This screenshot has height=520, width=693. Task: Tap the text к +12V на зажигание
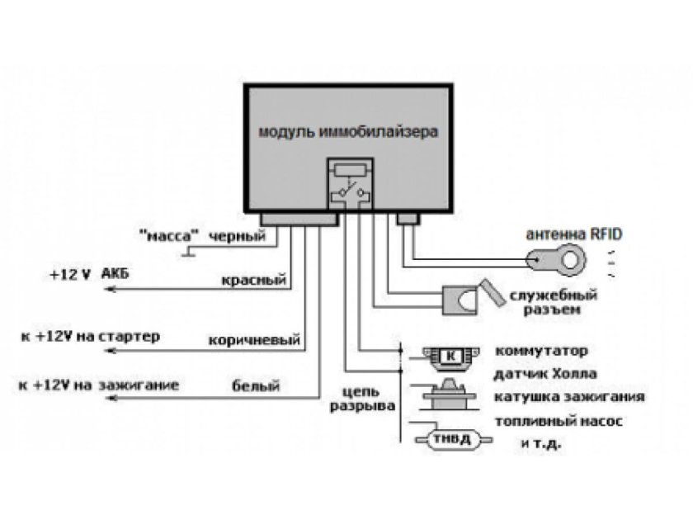pyautogui.click(x=98, y=385)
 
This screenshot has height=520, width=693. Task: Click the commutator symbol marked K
pyautogui.click(x=450, y=355)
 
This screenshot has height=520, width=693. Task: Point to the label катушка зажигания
pyautogui.click(x=568, y=397)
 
